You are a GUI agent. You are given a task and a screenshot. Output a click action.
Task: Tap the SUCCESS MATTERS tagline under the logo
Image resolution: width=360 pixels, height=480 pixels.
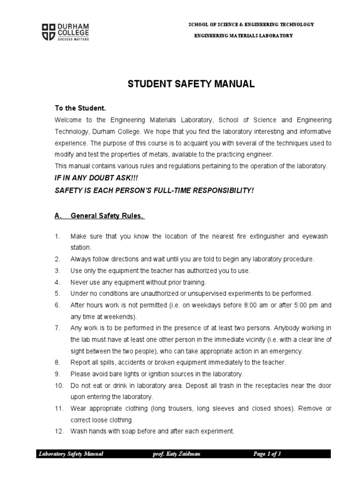[x=73, y=39]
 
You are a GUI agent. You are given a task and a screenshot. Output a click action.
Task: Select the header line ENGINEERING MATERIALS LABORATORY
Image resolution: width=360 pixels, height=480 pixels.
[x=243, y=36]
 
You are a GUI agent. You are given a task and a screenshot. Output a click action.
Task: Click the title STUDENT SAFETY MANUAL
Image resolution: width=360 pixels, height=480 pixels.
[x=192, y=84]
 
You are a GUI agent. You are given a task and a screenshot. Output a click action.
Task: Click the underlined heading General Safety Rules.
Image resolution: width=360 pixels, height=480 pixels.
[x=107, y=216]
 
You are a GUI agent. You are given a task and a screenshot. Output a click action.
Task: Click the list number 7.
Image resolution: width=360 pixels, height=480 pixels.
[x=58, y=328]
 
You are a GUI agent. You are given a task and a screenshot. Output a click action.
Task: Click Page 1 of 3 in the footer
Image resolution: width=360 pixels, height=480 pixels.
[x=267, y=454]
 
